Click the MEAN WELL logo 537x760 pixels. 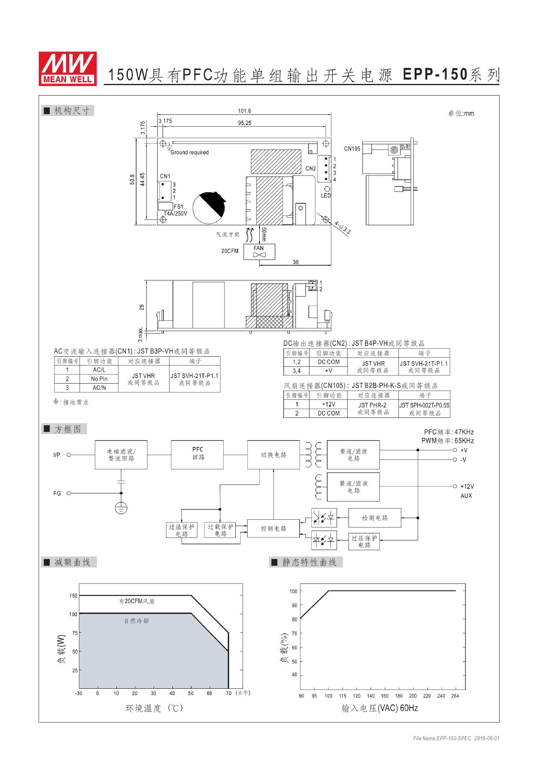click(67, 68)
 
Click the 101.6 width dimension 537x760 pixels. click(244, 111)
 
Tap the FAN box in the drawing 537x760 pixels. click(259, 251)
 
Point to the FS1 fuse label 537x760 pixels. click(178, 207)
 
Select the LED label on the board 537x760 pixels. click(326, 196)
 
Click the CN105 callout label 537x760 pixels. click(352, 149)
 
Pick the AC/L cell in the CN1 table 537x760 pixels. click(99, 370)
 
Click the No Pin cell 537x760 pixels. click(99, 379)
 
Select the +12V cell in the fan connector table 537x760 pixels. click(328, 404)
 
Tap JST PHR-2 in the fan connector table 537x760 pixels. click(372, 405)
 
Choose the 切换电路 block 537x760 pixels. click(273, 455)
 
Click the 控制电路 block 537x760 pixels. click(273, 528)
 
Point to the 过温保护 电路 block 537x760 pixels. click(182, 530)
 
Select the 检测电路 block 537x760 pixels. click(374, 518)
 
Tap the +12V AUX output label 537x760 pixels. click(467, 491)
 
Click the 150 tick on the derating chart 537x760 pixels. click(73, 595)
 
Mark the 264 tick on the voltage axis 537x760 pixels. click(455, 696)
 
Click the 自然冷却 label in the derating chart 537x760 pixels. click(137, 621)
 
